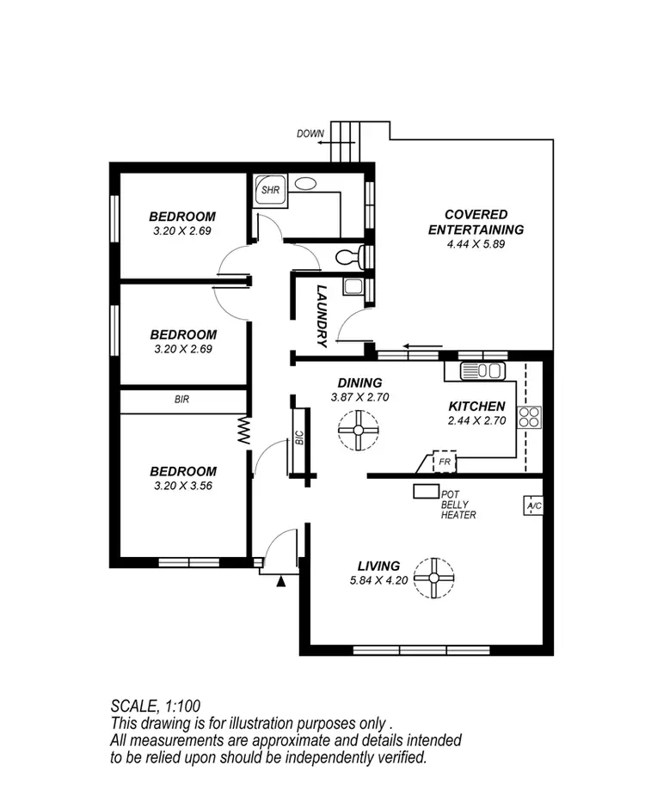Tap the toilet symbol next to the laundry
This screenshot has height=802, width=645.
347,255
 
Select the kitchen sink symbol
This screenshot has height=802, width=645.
482,370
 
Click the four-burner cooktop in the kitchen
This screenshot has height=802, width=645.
529,417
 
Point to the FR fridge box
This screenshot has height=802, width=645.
444,462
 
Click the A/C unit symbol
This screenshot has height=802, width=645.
533,505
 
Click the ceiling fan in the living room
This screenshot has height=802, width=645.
433,578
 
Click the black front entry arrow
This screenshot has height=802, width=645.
280,582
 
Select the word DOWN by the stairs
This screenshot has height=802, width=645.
310,133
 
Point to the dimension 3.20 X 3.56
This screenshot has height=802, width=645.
182,487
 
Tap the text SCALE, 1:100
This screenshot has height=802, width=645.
156,706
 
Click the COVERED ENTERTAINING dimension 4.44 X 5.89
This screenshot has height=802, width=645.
476,245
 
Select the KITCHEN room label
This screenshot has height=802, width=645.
476,406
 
